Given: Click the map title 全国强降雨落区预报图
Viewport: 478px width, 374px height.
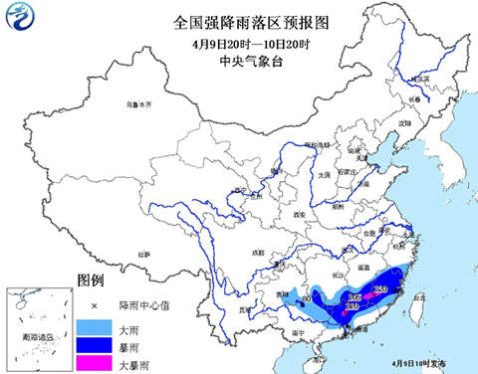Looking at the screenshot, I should click(238, 21).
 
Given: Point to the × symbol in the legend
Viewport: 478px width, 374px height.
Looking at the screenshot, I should click(95, 304).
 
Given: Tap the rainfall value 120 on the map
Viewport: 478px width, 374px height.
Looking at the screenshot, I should click(379, 289).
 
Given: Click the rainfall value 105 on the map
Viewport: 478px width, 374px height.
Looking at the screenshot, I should click(354, 297).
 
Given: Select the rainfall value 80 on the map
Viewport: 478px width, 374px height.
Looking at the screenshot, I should click(307, 297).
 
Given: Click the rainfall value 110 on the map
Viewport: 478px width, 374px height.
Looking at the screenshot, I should click(351, 307).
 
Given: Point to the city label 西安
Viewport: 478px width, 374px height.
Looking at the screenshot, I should click(297, 214).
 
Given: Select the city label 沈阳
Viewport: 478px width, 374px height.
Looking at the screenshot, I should click(403, 123).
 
